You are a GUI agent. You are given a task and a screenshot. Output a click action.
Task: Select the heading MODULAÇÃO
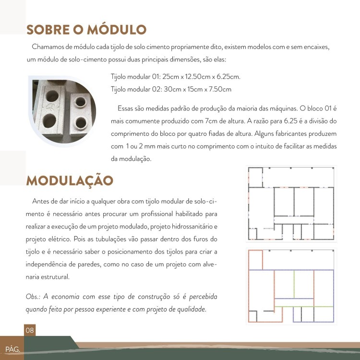point(70,180)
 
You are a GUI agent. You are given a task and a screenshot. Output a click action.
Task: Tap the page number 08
point(30,330)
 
